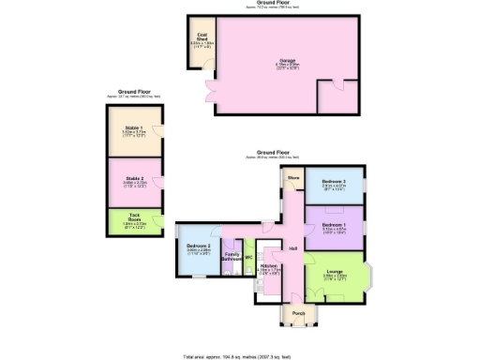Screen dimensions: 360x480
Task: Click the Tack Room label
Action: (130, 221)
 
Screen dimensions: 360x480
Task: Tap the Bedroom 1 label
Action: (335, 226)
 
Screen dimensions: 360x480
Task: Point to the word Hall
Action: (293, 248)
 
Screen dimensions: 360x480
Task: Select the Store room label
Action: (292, 176)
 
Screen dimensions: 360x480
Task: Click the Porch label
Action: (298, 313)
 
